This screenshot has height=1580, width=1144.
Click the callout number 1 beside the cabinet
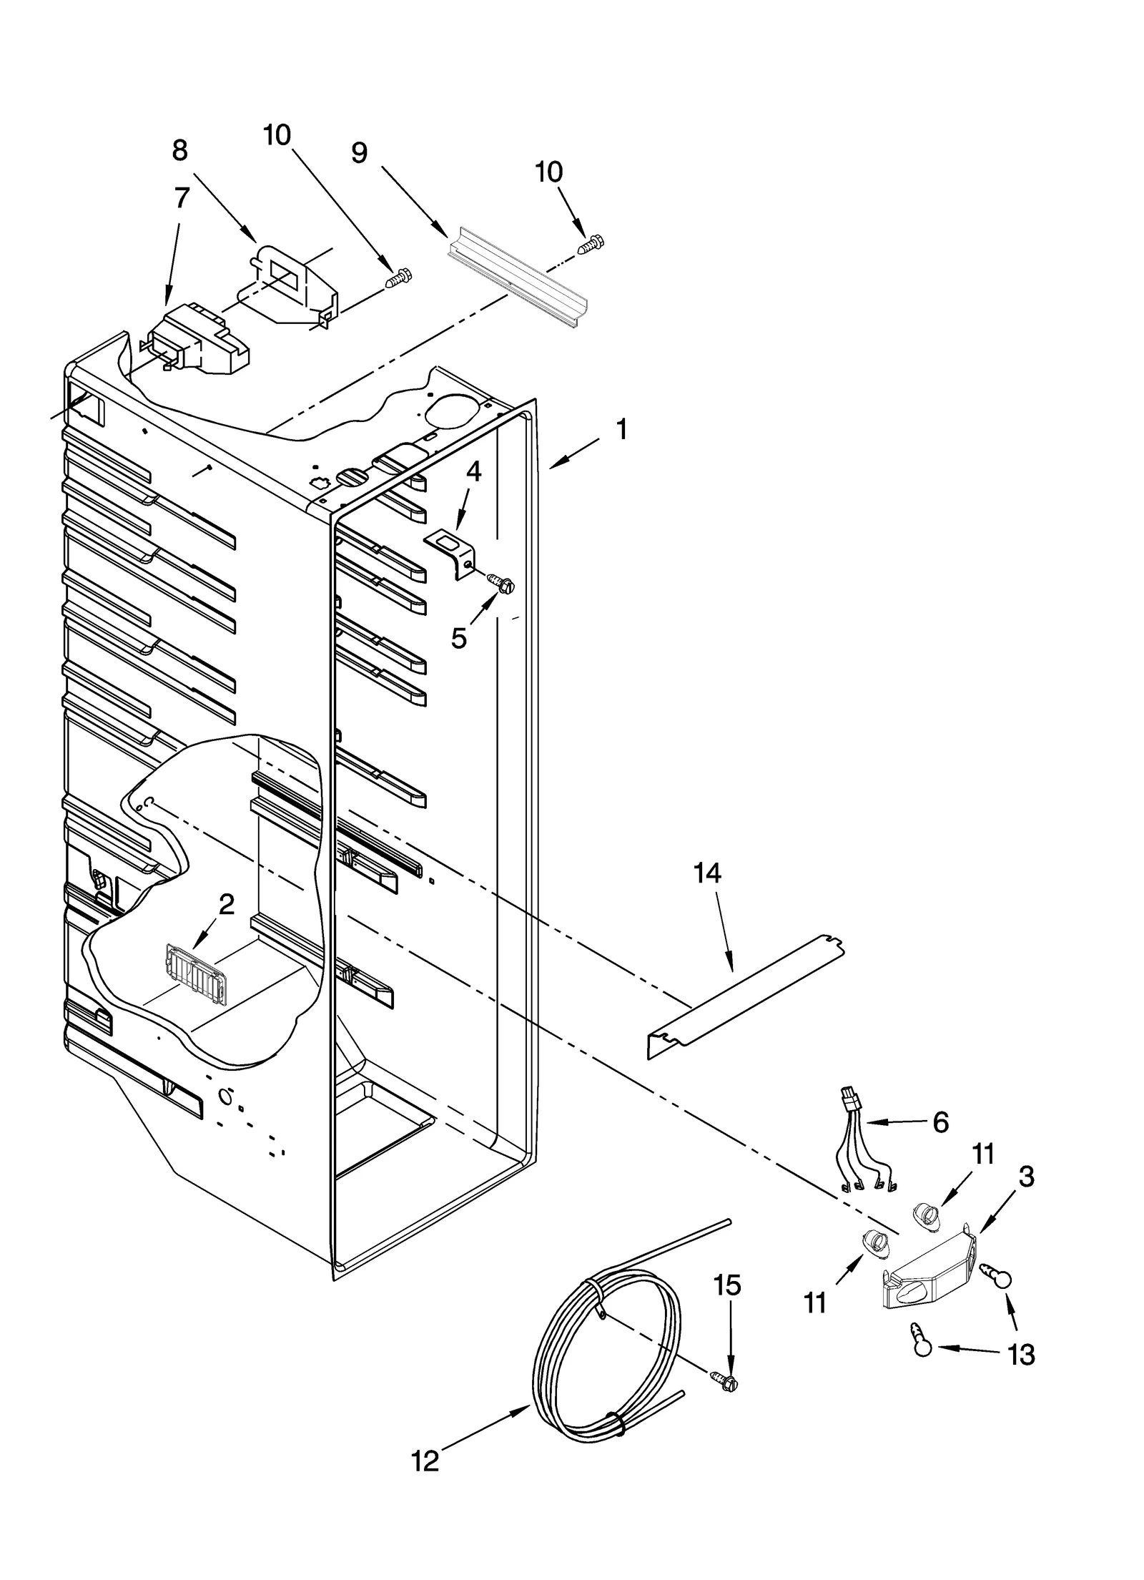click(x=622, y=430)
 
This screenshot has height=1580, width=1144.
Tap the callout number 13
click(x=1022, y=1353)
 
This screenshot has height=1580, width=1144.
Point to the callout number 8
click(x=179, y=150)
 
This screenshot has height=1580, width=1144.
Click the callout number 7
click(x=182, y=198)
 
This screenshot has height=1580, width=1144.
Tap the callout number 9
click(x=359, y=152)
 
